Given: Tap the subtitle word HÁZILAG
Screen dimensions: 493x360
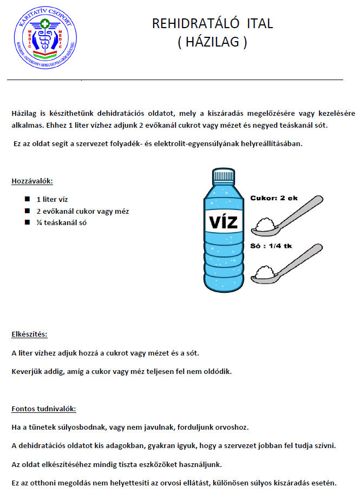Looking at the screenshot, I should coord(212,42).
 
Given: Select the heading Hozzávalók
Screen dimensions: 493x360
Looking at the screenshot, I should coord(32,181).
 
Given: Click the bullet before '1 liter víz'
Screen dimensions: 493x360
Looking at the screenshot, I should coord(27,200).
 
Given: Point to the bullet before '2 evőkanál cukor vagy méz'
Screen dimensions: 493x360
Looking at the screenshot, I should coord(27,211).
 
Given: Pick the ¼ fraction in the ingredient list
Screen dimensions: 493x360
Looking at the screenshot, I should coord(39,222).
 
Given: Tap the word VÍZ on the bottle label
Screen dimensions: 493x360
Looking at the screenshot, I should coord(222,222).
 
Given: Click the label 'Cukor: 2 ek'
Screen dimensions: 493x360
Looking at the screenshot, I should coord(273,198).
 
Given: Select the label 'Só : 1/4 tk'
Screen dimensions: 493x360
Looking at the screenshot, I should coord(271,246).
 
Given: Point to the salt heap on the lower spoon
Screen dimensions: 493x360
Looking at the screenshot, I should coord(265,272).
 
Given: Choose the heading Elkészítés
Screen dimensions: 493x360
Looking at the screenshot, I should coord(33,334).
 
